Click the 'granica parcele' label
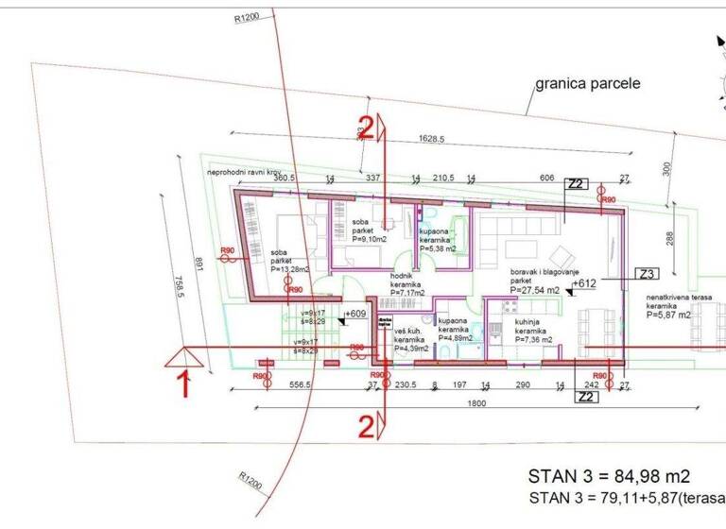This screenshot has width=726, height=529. [x=587, y=83]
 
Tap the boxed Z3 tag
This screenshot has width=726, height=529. [x=648, y=275]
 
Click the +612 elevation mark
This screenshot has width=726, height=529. [x=584, y=283]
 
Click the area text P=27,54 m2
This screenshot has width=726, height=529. [x=535, y=291]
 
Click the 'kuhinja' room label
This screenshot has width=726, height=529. [x=527, y=322]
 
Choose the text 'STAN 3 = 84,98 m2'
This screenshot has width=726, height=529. [x=609, y=475]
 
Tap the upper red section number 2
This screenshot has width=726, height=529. [x=365, y=128]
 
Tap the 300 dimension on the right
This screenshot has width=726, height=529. [x=665, y=167]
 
